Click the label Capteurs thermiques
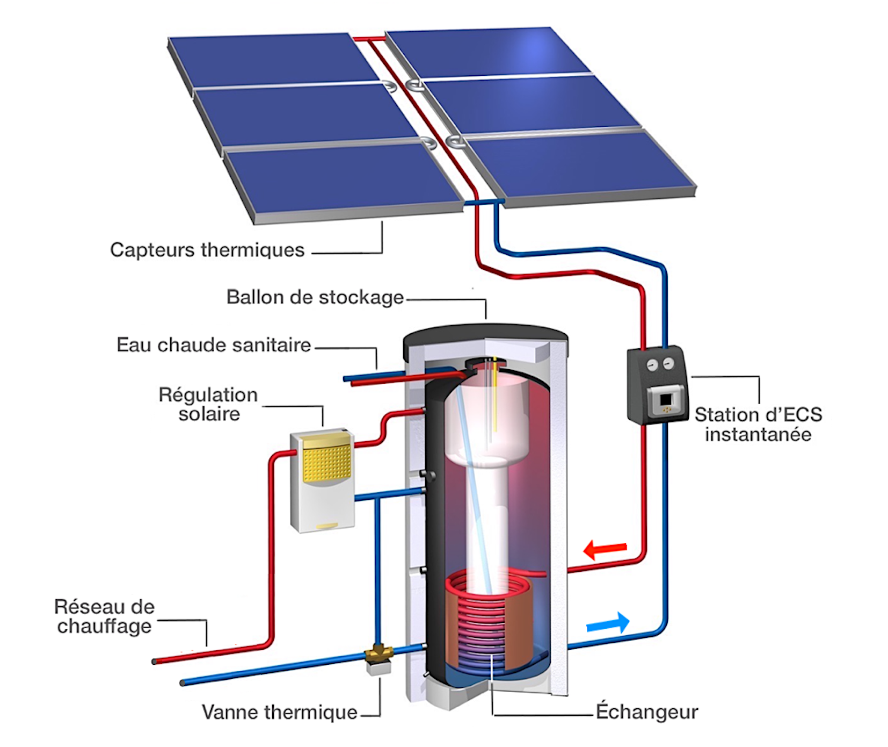click(207, 250)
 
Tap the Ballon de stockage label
click(315, 297)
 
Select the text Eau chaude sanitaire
click(214, 345)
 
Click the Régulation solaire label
click(208, 404)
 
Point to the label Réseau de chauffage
click(104, 616)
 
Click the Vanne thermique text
click(279, 712)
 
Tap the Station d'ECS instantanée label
click(758, 424)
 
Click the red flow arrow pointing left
click(605, 550)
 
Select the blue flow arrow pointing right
click(608, 623)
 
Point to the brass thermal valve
click(379, 654)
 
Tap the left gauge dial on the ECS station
click(652, 365)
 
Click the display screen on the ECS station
click(666, 400)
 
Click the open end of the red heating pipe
click(154, 662)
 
